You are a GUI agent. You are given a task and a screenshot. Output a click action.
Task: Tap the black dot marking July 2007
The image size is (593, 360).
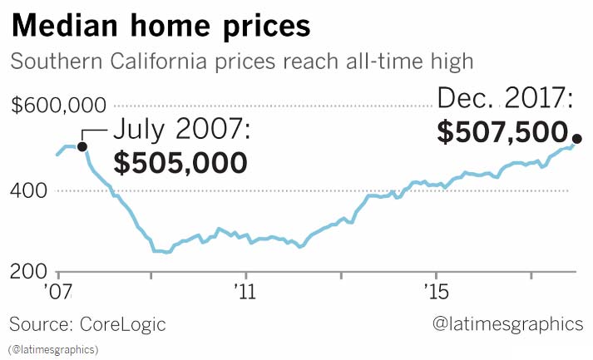point(82,146)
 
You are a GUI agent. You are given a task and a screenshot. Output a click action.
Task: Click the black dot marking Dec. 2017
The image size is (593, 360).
point(577,139)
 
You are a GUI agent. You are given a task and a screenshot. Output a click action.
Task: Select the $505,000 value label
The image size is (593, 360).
point(180,162)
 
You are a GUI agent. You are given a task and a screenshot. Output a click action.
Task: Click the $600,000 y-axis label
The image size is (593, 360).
point(59,106)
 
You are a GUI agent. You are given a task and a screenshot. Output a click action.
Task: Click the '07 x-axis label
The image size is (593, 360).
point(60,292)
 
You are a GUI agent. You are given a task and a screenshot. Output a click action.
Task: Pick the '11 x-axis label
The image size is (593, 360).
point(245,292)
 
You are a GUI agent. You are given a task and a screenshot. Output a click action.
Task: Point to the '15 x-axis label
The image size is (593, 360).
point(435,292)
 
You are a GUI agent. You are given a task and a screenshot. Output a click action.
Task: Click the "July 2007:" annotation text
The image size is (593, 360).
point(180,131)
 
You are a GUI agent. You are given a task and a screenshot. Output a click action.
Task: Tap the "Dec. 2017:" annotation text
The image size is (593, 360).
point(505,101)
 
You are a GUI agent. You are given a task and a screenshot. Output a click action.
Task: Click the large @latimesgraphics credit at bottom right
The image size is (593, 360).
point(508,324)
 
